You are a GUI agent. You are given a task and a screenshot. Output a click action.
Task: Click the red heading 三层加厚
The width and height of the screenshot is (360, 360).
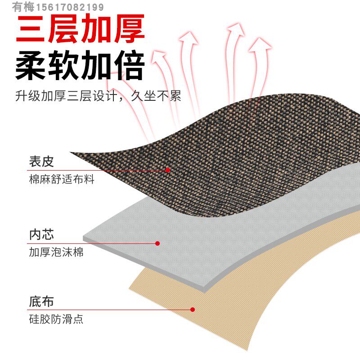(80, 29)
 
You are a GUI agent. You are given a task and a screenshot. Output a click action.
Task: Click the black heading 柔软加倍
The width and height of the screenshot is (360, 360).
(80, 66)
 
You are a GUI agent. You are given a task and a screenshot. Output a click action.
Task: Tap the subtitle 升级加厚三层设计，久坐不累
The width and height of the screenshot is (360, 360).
(98, 96)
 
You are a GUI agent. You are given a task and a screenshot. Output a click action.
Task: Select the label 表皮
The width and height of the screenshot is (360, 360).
(41, 161)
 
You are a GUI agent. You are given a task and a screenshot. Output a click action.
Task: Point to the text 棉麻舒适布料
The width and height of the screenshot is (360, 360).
(62, 179)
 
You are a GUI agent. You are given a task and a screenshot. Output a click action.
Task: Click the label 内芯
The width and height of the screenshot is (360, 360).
(41, 234)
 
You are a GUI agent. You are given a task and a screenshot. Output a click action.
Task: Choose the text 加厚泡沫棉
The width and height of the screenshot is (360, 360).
(56, 252)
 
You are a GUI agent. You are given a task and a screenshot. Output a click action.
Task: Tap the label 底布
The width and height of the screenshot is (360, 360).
(41, 301)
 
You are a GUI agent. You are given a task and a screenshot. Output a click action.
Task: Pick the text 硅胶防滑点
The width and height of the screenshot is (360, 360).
(56, 319)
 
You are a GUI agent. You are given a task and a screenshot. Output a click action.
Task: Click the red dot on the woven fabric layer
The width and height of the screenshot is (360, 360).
(168, 170)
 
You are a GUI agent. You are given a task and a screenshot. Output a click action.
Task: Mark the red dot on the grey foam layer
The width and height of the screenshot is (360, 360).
(157, 243)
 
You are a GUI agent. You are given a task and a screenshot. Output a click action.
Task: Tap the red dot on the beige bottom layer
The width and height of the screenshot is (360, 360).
(193, 310)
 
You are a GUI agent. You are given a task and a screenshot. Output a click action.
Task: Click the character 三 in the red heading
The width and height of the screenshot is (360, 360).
(31, 29)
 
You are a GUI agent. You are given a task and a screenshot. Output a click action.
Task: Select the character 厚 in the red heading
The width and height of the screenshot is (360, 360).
(129, 29)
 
